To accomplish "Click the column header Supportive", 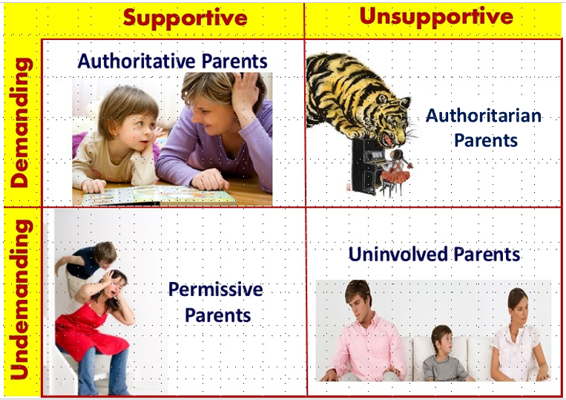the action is click(x=185, y=19).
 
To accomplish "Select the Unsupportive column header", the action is click(x=436, y=16).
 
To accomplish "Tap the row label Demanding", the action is click(x=22, y=122).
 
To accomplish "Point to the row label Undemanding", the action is click(x=22, y=299).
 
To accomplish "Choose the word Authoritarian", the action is click(x=484, y=116).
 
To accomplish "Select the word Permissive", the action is click(x=216, y=290).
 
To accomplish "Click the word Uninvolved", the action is click(x=398, y=254).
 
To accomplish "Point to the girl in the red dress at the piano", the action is click(x=396, y=171).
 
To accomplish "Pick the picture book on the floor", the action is click(x=159, y=195).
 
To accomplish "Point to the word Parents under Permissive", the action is click(x=217, y=315).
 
